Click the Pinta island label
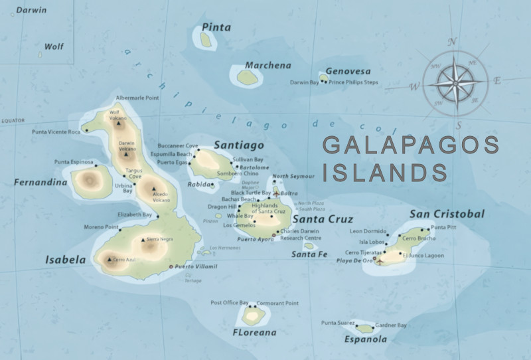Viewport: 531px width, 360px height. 216,28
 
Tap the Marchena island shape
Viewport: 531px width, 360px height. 248,78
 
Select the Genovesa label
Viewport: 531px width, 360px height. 347,71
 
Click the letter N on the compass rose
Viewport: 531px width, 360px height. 453,42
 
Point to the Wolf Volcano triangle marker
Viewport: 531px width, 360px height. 118,123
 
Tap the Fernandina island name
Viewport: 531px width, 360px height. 40,182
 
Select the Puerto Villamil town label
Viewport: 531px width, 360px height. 196,266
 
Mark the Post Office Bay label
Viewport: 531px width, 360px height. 229,303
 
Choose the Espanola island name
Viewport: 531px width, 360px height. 365,339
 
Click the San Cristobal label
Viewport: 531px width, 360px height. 447,214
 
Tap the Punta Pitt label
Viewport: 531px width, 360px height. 444,228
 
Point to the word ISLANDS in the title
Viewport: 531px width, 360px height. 385,172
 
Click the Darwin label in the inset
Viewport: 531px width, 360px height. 32,11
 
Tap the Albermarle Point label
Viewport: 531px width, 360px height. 137,98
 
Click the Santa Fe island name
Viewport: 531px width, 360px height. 309,254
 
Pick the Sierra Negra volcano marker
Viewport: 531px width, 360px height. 143,239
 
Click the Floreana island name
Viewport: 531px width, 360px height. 254,331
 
